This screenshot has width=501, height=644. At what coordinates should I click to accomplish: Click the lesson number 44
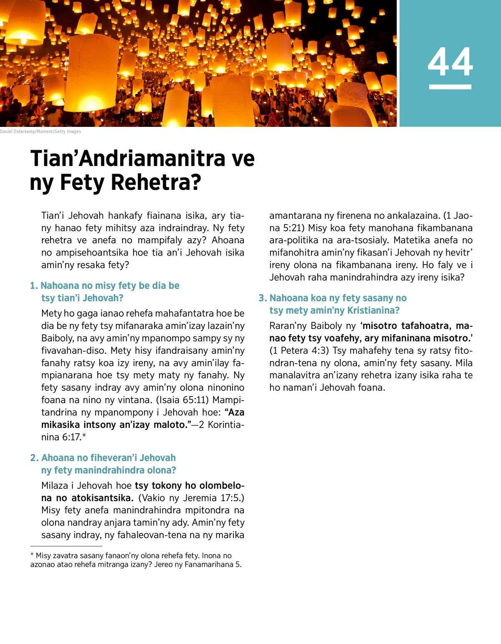pos(450,62)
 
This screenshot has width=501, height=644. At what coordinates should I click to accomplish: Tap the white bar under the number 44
pos(450,87)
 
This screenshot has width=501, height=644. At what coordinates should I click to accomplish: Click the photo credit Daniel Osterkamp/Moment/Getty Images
pos(40,131)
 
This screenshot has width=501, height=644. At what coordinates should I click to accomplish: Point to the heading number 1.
pos(34,286)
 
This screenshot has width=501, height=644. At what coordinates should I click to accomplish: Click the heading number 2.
pos(34,458)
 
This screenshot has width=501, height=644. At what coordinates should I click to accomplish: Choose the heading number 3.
pos(262,298)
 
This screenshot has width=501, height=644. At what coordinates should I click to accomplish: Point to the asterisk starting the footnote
pos(32,556)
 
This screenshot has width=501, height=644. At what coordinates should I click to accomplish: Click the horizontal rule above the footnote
pos(66,546)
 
